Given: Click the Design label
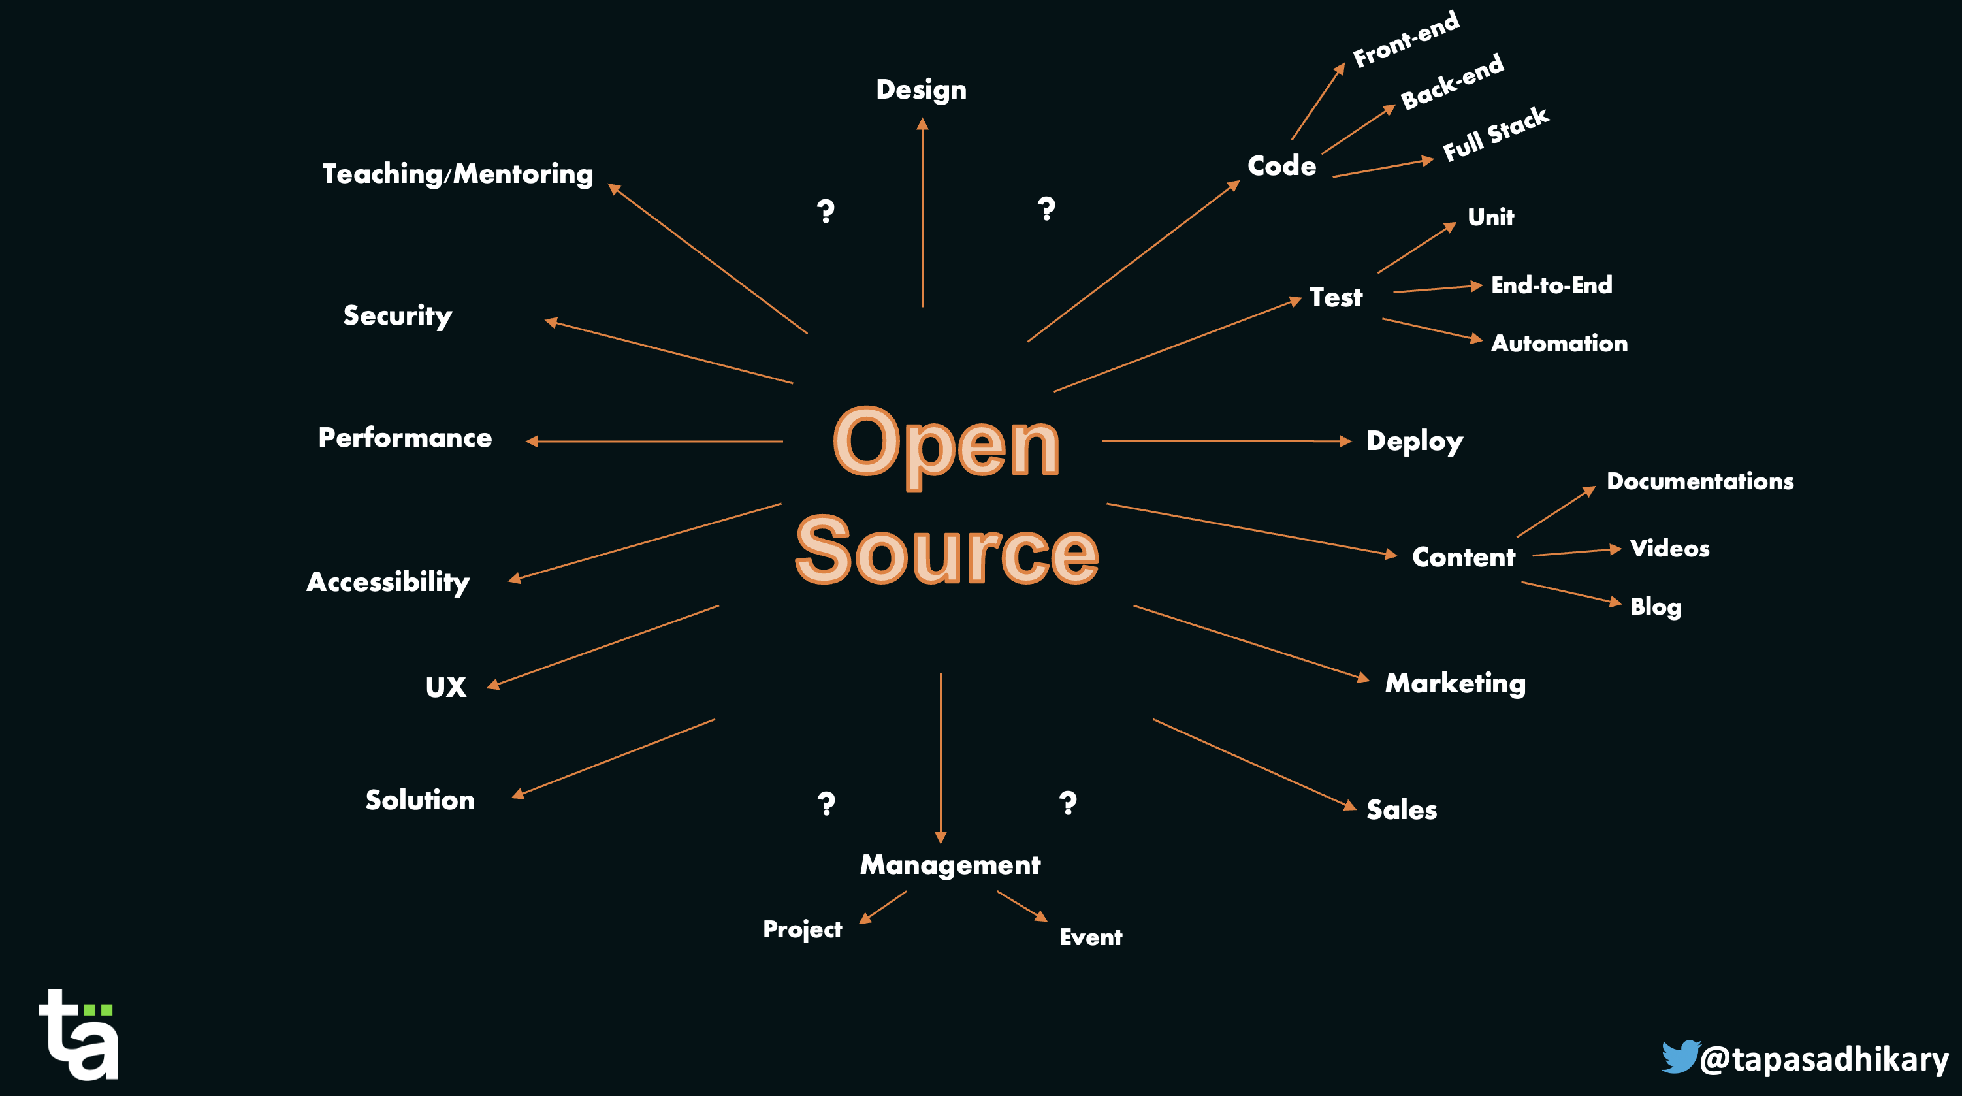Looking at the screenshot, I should tap(921, 91).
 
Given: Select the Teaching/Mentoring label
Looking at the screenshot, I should tap(457, 174).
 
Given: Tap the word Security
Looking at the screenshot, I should tap(397, 316).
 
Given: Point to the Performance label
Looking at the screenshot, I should tap(404, 438).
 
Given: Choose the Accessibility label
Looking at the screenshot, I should tap(388, 583).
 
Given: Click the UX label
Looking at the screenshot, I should tap(445, 688).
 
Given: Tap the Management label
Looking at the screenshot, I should tap(950, 865).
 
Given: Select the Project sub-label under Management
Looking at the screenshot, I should tap(802, 930).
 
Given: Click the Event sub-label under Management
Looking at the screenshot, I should tap(1090, 937).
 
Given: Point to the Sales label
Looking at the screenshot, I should tap(1402, 810).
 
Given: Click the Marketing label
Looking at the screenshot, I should tap(1455, 684).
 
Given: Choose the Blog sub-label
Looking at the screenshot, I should tap(1655, 607).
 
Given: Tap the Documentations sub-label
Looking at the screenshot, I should tap(1699, 481).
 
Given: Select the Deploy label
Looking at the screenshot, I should tap(1415, 442).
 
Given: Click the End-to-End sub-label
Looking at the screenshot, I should tap(1551, 285).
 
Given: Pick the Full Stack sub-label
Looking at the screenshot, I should tap(1495, 135).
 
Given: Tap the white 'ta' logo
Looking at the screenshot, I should tap(79, 1035).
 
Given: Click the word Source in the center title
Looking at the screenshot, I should tap(946, 550).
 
